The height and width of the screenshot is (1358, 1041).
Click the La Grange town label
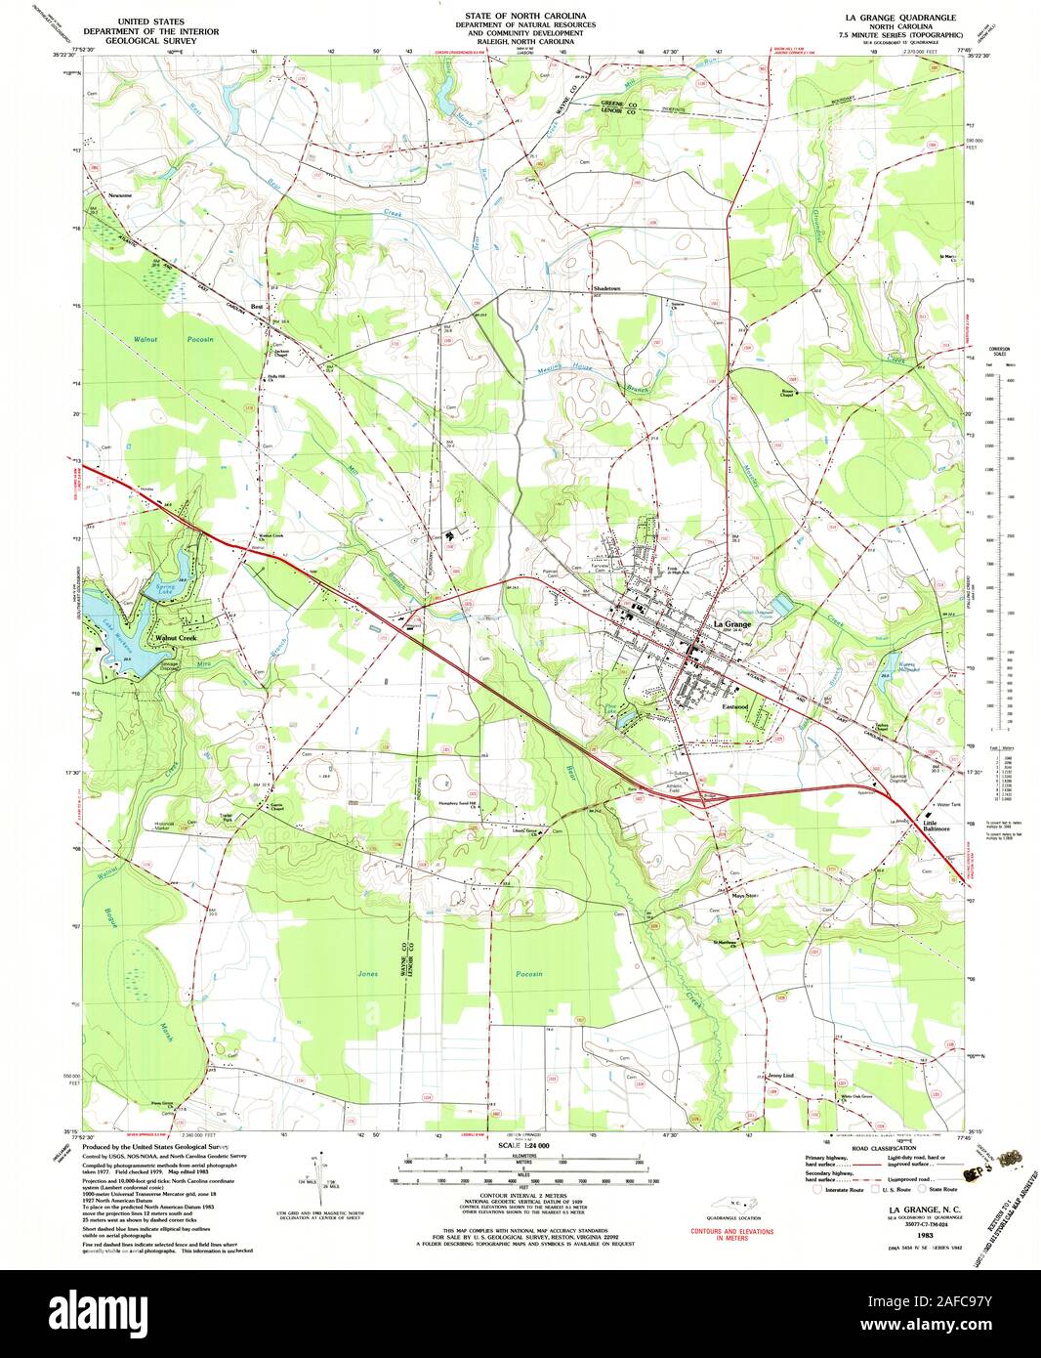[x=731, y=623]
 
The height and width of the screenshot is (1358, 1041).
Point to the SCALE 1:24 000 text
[x=523, y=1145]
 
